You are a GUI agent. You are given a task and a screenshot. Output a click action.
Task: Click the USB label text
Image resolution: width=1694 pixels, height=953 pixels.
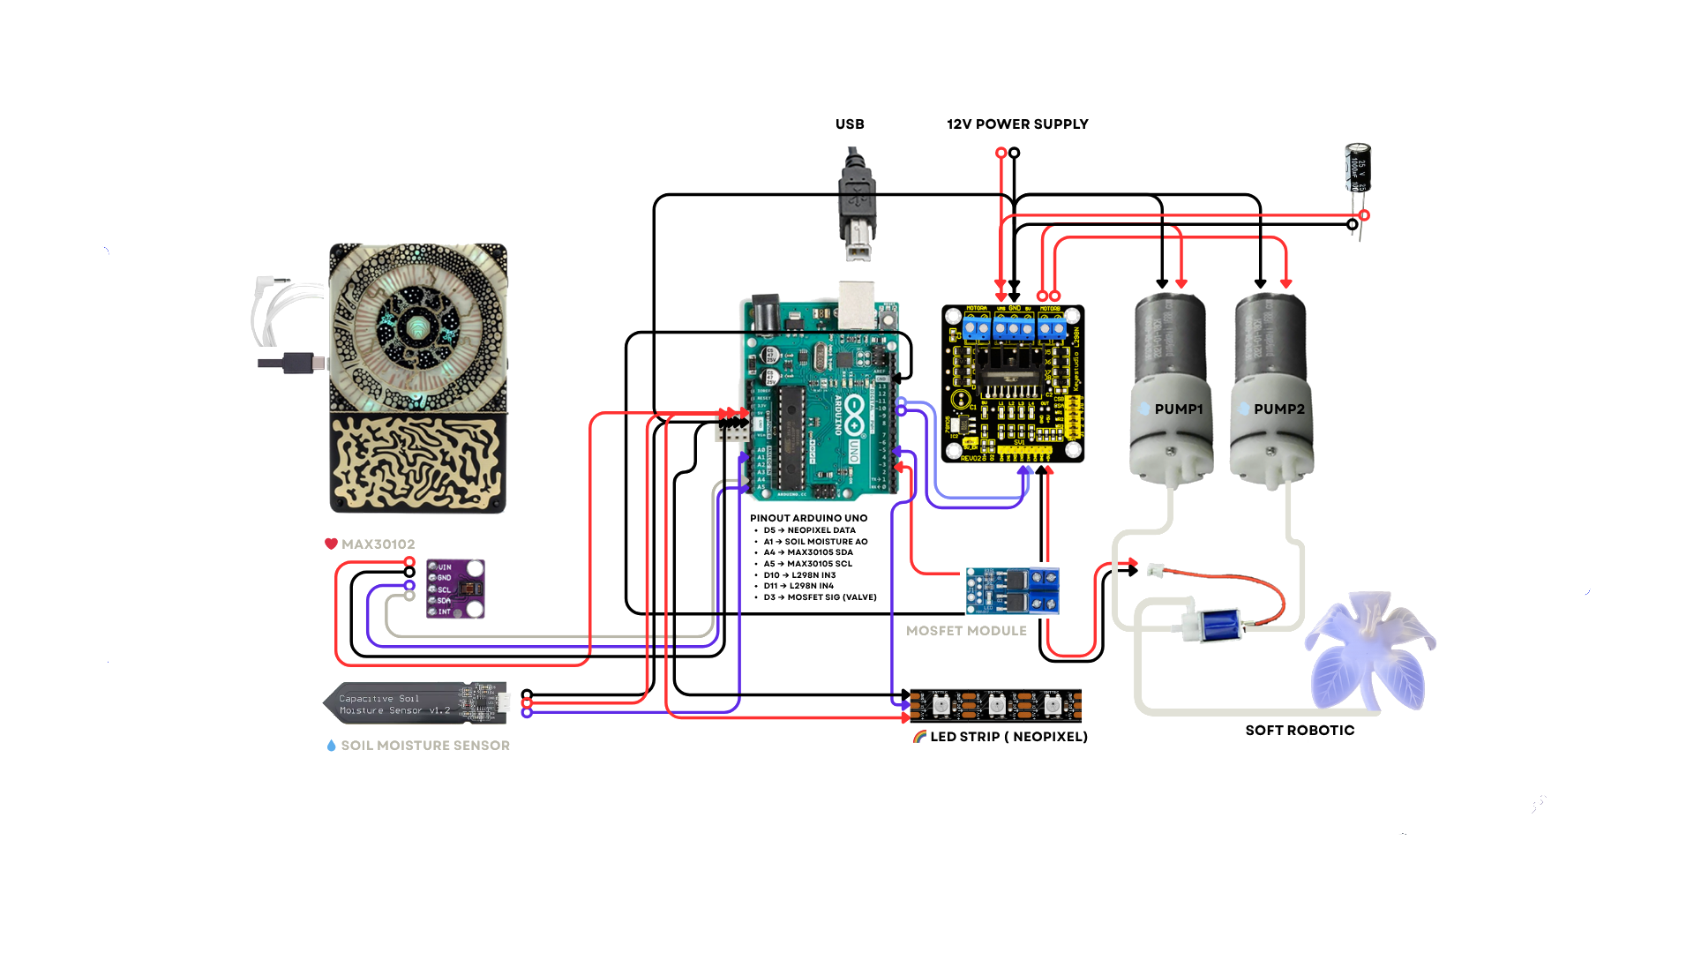tap(850, 124)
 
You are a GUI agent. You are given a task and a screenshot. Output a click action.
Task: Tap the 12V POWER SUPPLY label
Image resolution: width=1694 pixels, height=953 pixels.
tap(1017, 124)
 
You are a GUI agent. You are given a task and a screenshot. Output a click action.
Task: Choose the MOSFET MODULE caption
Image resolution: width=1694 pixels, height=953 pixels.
tap(967, 631)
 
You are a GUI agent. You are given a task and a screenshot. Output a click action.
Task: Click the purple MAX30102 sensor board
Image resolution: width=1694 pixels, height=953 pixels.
tap(455, 589)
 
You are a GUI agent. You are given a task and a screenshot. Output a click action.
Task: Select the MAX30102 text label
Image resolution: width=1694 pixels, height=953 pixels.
tap(378, 544)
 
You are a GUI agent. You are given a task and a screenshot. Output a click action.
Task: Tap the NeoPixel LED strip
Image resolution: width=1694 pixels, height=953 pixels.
tap(995, 703)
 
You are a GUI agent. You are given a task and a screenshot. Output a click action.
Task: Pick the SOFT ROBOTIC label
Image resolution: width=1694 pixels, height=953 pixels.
tap(1299, 731)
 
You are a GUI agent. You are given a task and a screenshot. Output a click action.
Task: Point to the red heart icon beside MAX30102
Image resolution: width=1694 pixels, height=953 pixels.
tap(332, 544)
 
